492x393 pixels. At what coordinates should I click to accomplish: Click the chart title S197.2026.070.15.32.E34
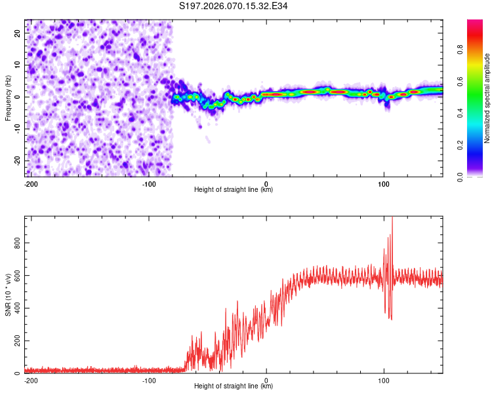click(x=234, y=6)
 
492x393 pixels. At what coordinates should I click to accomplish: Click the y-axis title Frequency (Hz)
click(x=8, y=98)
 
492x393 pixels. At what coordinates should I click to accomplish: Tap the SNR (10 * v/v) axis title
click(x=8, y=295)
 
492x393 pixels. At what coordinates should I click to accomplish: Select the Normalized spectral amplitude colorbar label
click(x=487, y=98)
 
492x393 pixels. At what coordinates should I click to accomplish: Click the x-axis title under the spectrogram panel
click(x=234, y=190)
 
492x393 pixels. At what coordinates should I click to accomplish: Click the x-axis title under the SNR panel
click(x=234, y=386)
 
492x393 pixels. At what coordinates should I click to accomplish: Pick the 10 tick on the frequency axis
click(x=18, y=65)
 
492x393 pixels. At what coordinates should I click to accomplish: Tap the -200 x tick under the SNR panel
click(x=30, y=380)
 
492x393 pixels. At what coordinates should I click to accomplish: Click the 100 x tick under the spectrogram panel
click(x=384, y=183)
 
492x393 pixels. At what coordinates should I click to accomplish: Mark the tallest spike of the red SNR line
click(x=392, y=218)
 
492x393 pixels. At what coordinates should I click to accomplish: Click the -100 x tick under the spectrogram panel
click(x=148, y=183)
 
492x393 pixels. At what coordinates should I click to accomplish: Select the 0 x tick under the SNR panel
click(x=266, y=380)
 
